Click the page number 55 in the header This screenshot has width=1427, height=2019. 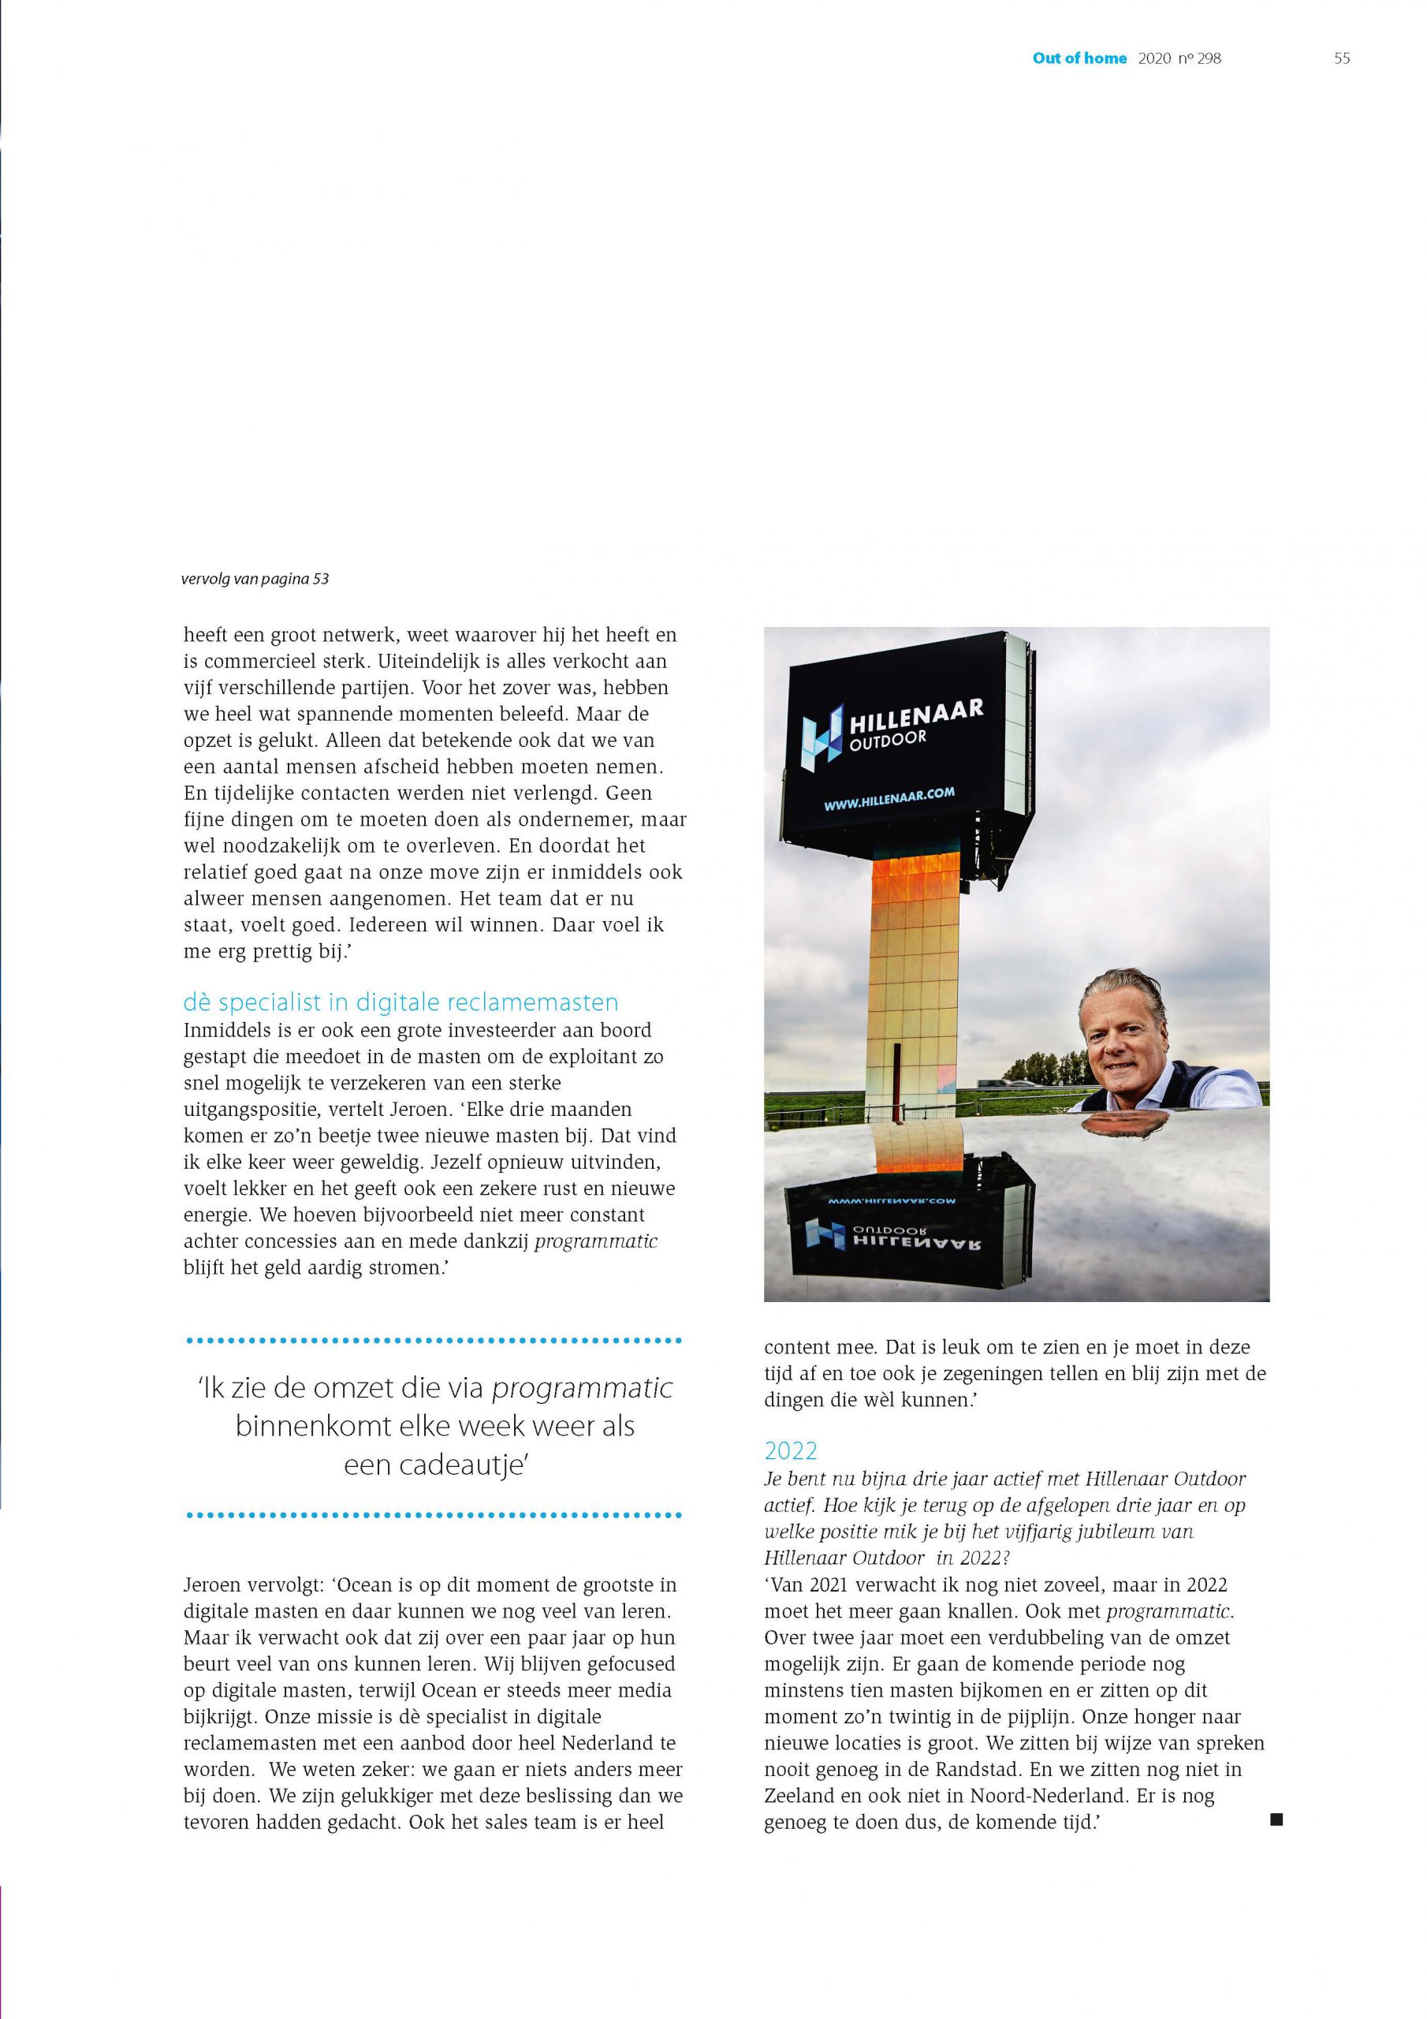tap(1342, 59)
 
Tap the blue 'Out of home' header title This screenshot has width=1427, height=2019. tap(1079, 59)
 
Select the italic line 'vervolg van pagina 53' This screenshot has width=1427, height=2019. tap(255, 580)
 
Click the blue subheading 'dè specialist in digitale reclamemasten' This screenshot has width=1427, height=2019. tap(401, 1002)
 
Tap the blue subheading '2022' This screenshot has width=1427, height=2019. tap(791, 1450)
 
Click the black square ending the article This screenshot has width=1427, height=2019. tap(1276, 1819)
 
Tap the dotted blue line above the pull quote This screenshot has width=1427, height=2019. tap(434, 1341)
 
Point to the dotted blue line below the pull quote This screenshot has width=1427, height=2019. tap(434, 1515)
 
